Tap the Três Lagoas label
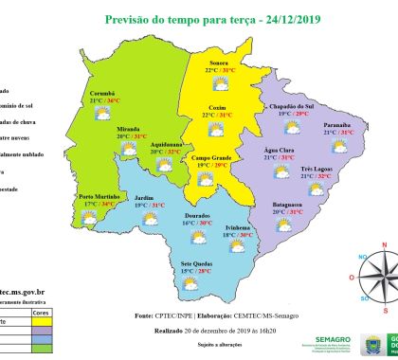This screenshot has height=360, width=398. [x=317, y=169]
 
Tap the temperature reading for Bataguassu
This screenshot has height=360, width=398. [x=287, y=212]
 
